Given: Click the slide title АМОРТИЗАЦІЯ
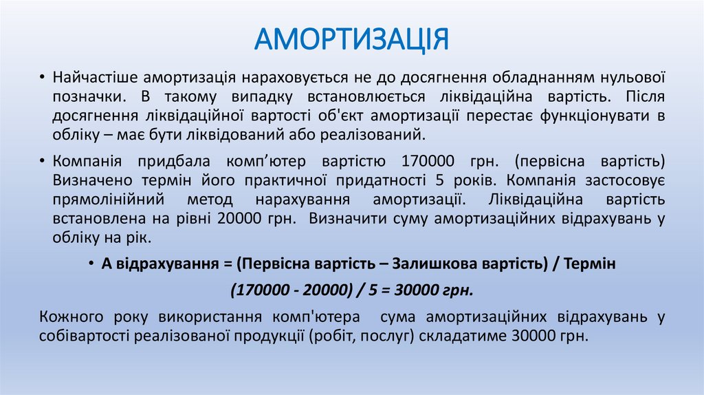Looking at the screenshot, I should pos(351,39).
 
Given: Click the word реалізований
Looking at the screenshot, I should pos(386,133).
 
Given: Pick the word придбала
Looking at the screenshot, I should pos(181,162).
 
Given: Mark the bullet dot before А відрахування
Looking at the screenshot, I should pos(92,264).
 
